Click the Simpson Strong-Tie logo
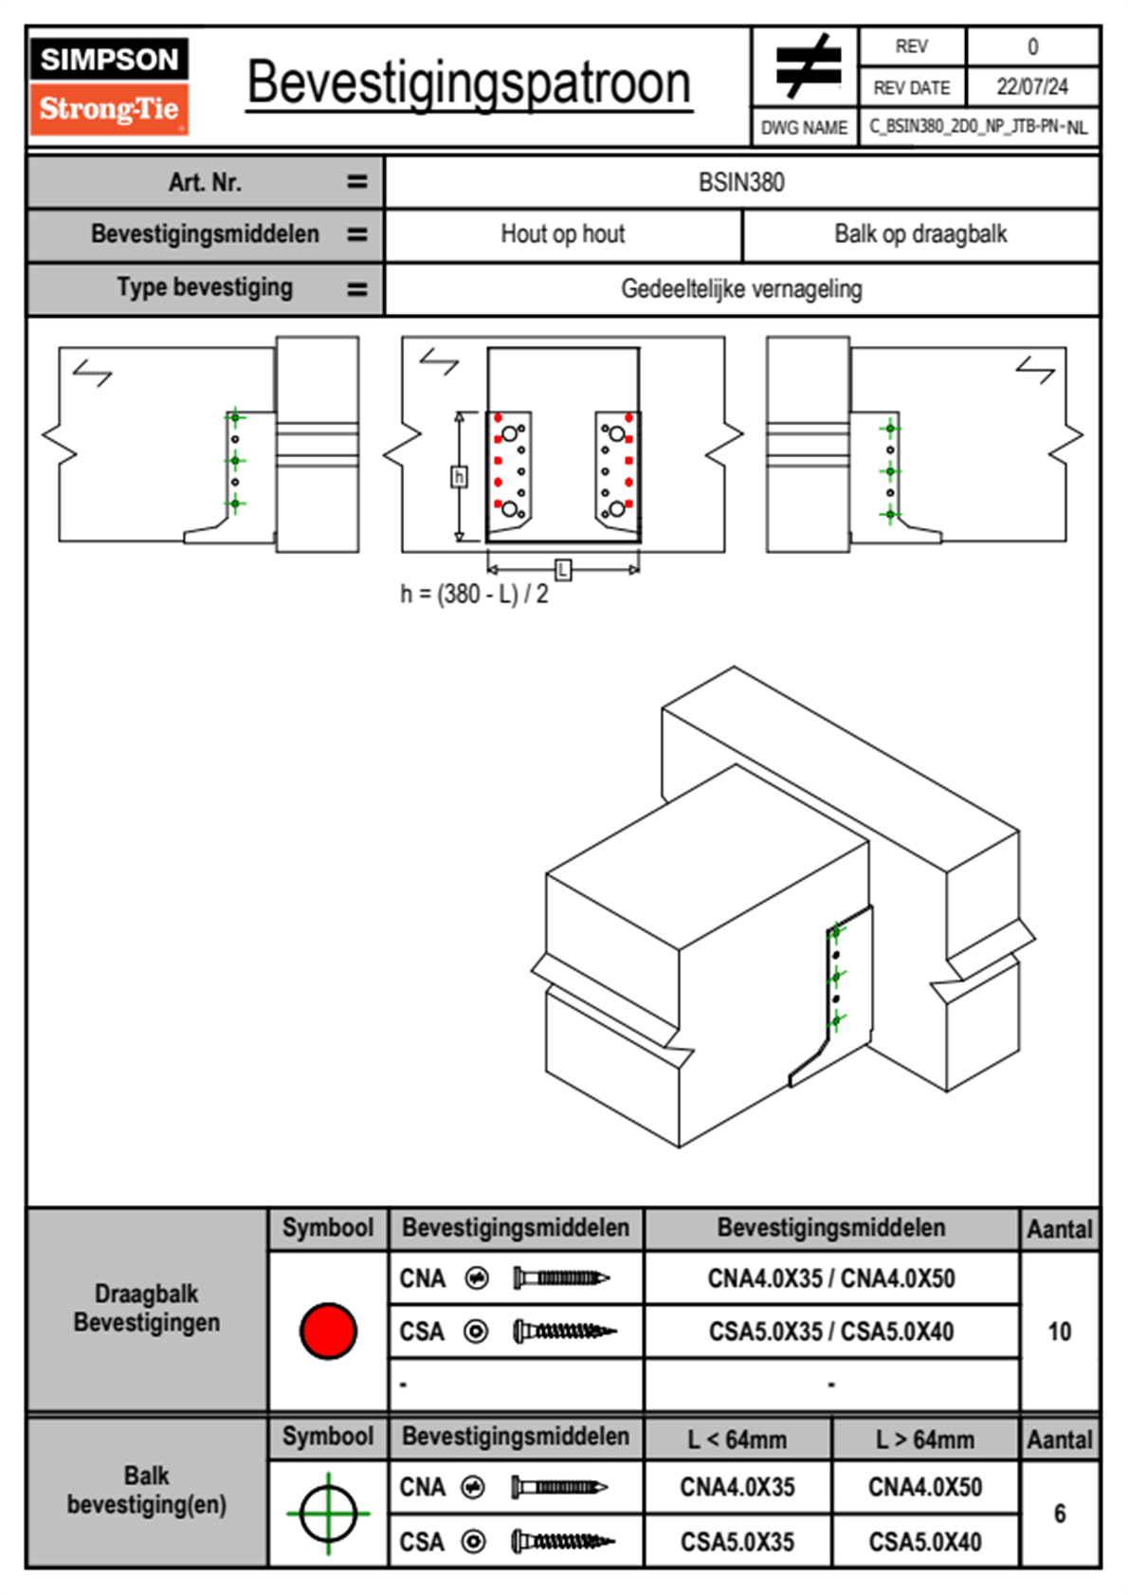coord(109,85)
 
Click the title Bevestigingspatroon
coord(468,83)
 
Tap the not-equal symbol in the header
coord(807,67)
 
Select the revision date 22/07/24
coord(1031,87)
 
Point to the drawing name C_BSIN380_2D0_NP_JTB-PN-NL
coord(977,127)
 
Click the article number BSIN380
coord(741,182)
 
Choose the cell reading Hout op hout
coord(563,234)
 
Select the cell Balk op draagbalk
coord(920,234)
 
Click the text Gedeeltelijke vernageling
coord(741,288)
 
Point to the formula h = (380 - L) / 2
coord(474,595)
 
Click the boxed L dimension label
coord(563,570)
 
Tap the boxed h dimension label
coord(459,476)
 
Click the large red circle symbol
coord(328,1330)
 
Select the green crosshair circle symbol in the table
coord(328,1513)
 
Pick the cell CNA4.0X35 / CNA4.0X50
coord(831,1278)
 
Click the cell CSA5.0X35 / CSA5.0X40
coord(831,1331)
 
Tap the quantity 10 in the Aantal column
coord(1059,1331)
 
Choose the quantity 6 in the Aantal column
coord(1059,1513)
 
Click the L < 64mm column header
coord(737,1439)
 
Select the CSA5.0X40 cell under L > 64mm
coord(925,1542)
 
